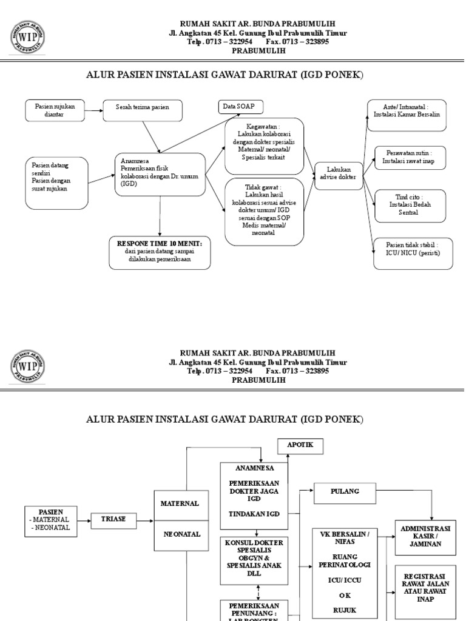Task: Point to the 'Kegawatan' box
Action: [x=264, y=146]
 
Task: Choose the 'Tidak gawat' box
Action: [x=264, y=211]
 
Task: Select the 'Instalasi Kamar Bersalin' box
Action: [x=407, y=115]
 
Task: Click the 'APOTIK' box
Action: [x=301, y=446]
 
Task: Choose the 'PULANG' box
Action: [x=345, y=491]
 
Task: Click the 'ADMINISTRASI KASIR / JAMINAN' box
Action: [x=424, y=537]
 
